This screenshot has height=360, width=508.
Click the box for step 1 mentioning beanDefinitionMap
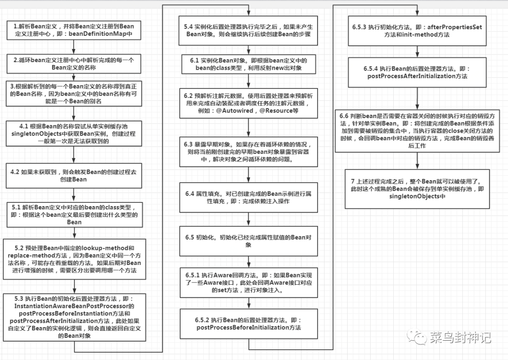click(x=74, y=30)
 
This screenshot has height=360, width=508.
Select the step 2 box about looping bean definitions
click(x=74, y=64)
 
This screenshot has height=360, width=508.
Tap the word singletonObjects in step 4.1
click(x=36, y=134)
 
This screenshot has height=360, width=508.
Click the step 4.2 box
click(x=74, y=176)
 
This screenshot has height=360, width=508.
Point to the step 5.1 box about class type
click(x=74, y=215)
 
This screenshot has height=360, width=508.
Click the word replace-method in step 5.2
click(x=29, y=256)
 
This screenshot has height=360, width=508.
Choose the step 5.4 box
click(x=248, y=31)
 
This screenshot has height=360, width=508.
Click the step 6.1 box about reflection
click(x=248, y=64)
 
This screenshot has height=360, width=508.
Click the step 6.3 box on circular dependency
click(x=248, y=152)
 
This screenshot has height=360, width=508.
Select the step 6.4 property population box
click(x=248, y=197)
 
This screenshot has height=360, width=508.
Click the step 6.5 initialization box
click(x=248, y=241)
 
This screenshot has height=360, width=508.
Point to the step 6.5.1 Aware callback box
click(x=248, y=282)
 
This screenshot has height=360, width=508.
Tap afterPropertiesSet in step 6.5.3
click(x=454, y=27)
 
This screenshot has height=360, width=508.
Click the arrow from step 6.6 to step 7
click(x=417, y=161)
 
